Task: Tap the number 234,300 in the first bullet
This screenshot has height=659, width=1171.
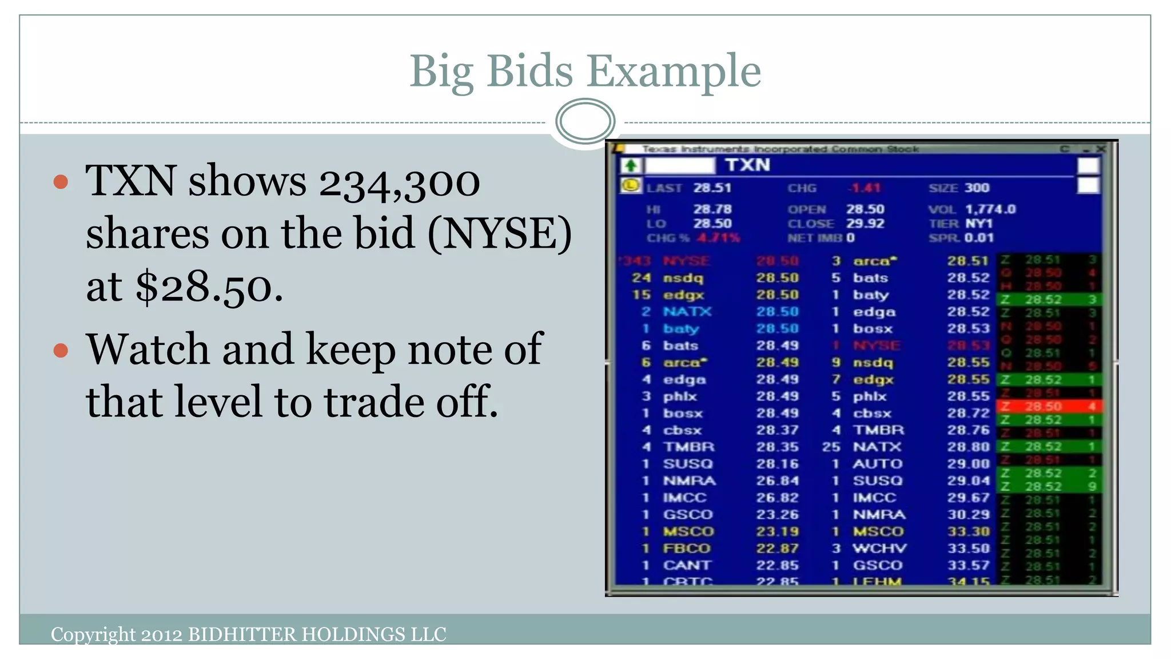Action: pyautogui.click(x=399, y=182)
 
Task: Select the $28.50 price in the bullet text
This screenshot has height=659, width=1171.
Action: pyautogui.click(x=209, y=287)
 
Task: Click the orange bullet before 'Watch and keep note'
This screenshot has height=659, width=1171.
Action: pyautogui.click(x=61, y=350)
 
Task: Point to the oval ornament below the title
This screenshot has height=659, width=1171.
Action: pyautogui.click(x=585, y=121)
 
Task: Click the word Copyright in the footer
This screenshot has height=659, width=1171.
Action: pyautogui.click(x=93, y=634)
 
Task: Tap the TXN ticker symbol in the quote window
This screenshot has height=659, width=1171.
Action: pyautogui.click(x=748, y=165)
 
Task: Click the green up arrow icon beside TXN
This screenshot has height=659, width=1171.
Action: pyautogui.click(x=631, y=166)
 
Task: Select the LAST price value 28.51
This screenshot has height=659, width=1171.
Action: pyautogui.click(x=712, y=188)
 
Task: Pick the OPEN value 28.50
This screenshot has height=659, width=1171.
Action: pyautogui.click(x=865, y=209)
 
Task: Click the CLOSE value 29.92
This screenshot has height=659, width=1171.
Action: pyautogui.click(x=865, y=224)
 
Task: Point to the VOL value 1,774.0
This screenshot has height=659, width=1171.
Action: pyautogui.click(x=990, y=209)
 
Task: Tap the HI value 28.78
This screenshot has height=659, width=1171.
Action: pyautogui.click(x=712, y=209)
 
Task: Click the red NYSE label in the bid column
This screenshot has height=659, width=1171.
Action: pyautogui.click(x=686, y=261)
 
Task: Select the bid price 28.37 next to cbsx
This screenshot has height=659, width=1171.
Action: pyautogui.click(x=777, y=430)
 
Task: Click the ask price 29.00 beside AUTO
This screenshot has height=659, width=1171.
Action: pyautogui.click(x=967, y=464)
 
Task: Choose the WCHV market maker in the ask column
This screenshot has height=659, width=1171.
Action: pyautogui.click(x=879, y=549)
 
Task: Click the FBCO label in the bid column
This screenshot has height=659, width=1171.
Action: pyautogui.click(x=686, y=549)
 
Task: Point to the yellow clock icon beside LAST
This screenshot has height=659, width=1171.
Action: pyautogui.click(x=631, y=186)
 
